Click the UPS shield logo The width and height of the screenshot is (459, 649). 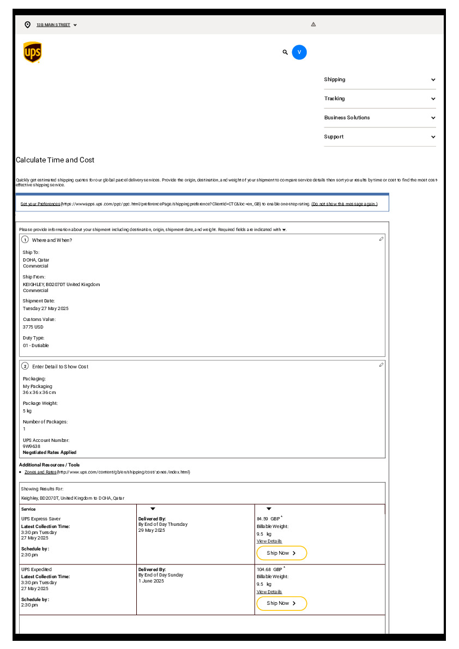click(33, 52)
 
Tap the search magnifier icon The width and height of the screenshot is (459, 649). click(285, 52)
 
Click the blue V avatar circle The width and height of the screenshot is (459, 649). click(299, 52)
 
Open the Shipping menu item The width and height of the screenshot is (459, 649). click(379, 80)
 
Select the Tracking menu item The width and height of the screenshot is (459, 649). click(379, 99)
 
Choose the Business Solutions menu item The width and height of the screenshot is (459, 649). click(379, 118)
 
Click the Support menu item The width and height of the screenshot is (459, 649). click(379, 137)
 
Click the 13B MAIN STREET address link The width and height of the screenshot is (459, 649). click(53, 25)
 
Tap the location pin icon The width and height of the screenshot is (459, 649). click(28, 25)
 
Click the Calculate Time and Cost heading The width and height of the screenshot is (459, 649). click(55, 160)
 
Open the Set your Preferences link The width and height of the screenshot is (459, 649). click(40, 204)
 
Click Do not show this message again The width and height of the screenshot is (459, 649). click(344, 204)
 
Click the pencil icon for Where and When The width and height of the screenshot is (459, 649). click(381, 239)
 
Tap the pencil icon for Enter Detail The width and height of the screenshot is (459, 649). click(381, 365)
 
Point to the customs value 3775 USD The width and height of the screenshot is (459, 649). click(33, 327)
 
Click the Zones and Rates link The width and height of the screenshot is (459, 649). click(40, 472)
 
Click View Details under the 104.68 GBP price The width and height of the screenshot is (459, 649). click(269, 592)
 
